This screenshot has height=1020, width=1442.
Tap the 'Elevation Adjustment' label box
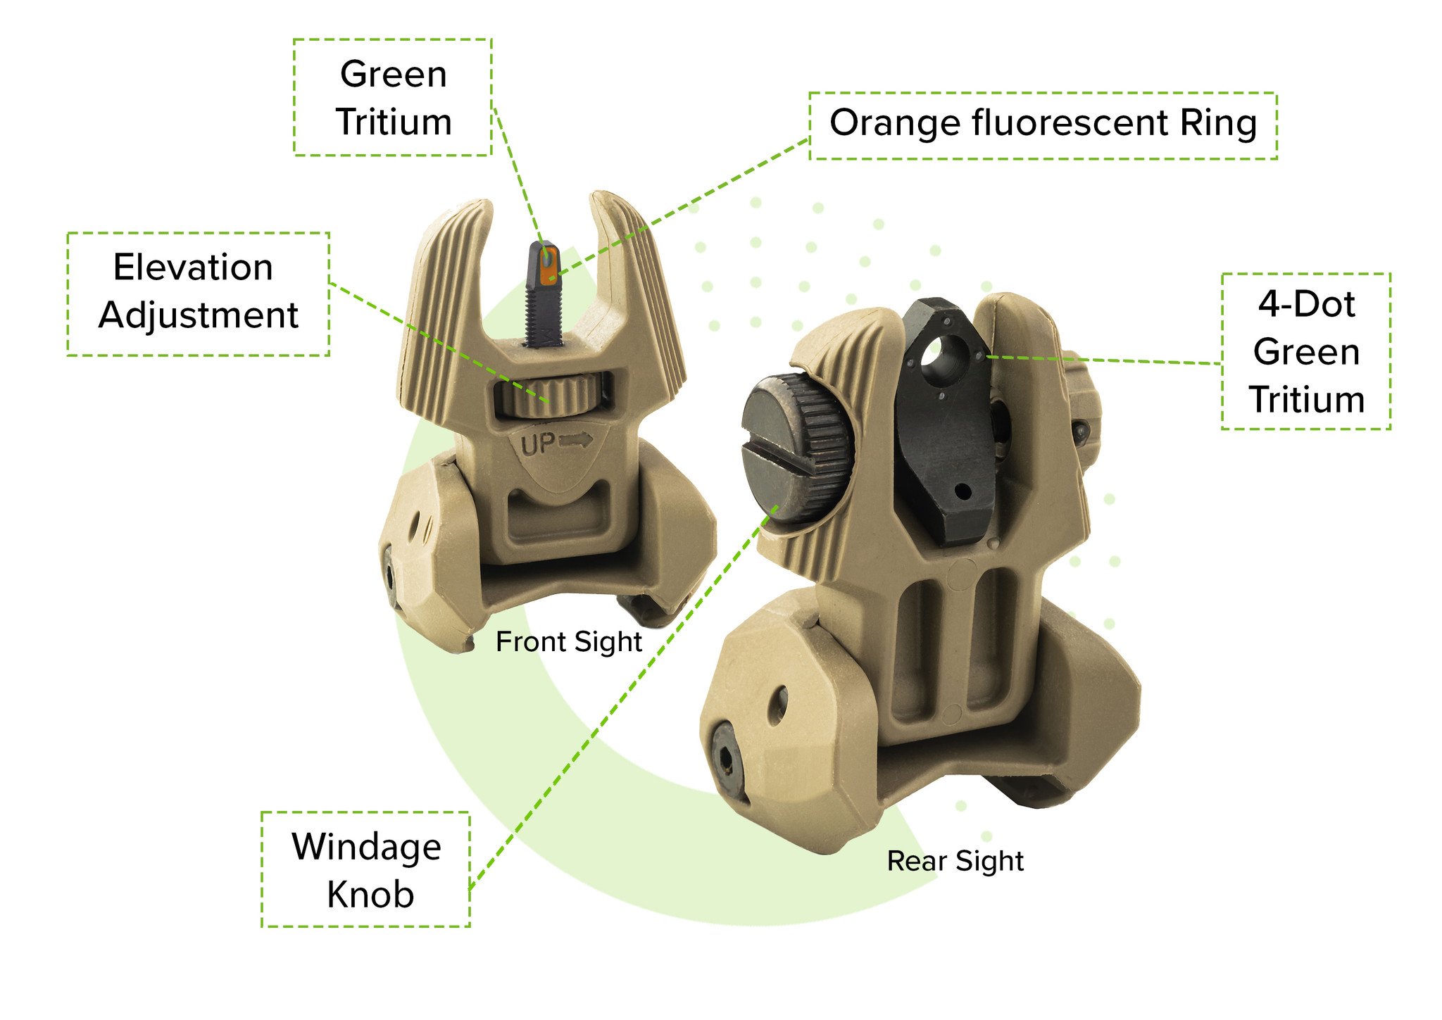[198, 293]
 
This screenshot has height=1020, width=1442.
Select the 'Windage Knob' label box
[365, 869]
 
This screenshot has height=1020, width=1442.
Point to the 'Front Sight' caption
[568, 641]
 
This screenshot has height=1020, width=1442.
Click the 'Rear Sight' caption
[955, 860]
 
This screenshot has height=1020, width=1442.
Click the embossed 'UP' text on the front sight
[538, 444]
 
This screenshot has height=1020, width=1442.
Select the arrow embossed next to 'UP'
[575, 441]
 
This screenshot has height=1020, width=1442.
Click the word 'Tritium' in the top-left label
[393, 122]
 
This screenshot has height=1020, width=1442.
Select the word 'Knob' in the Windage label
[370, 894]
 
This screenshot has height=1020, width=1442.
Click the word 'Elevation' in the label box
[193, 267]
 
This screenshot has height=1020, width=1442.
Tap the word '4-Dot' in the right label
[1306, 304]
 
